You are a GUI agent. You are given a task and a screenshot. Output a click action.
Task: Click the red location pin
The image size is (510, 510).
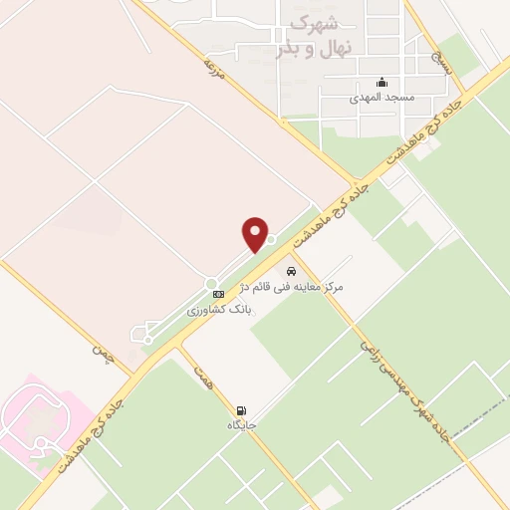(x=256, y=234)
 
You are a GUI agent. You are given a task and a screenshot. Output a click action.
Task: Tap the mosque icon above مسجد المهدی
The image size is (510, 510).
(x=381, y=84)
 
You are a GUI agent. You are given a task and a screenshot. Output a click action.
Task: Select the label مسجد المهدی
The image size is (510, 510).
(x=380, y=99)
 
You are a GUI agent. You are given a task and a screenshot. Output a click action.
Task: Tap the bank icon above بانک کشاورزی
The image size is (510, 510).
(x=218, y=295)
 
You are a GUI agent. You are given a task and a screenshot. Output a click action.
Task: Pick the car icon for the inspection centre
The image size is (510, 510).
(x=291, y=271)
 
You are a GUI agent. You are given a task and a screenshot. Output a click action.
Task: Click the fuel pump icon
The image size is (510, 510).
(x=240, y=410)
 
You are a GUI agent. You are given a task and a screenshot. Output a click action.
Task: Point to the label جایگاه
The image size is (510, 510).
(x=242, y=425)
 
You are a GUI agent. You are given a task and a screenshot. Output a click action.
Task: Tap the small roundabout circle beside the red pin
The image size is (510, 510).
(x=271, y=238)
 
